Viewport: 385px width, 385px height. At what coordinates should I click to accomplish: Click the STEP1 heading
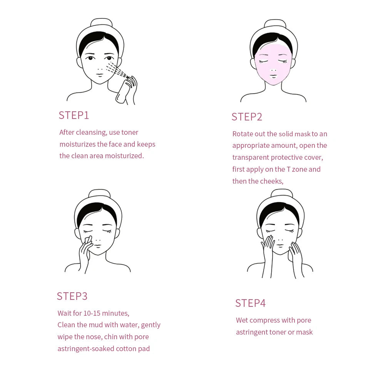pos(74,115)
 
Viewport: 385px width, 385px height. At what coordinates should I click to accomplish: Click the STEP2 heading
pos(247,117)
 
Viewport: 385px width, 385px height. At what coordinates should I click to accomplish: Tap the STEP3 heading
pos(72,296)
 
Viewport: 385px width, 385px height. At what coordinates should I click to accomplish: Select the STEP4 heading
pos(250,303)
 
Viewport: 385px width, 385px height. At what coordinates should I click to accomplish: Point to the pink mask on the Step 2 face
pos(273,64)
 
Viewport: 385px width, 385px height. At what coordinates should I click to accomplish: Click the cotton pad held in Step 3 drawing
pos(88,240)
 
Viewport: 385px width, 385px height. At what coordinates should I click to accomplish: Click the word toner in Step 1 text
pos(129,132)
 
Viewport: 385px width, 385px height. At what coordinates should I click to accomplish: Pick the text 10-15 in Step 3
pos(92,313)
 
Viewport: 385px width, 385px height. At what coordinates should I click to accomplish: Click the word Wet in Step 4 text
pos(242,320)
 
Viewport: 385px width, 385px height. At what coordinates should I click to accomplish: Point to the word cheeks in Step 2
pos(271,181)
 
